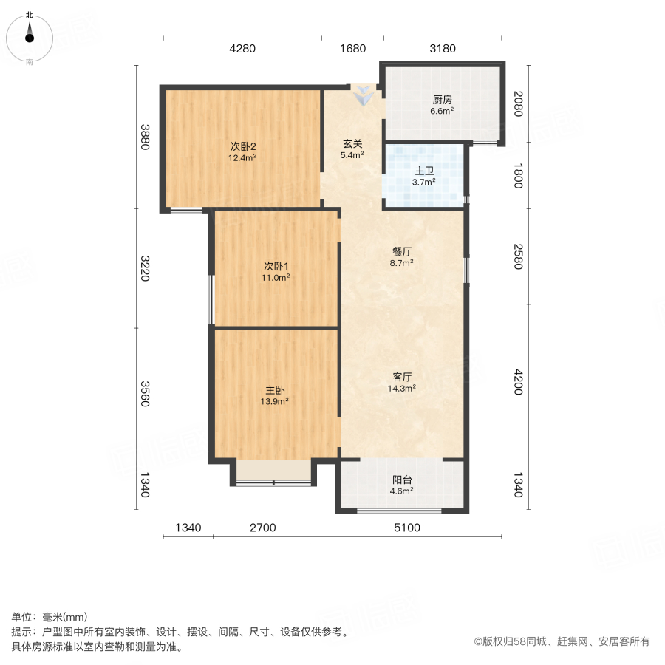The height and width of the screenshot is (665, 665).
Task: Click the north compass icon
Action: [30, 35]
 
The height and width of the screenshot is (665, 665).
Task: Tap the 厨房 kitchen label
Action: [442, 100]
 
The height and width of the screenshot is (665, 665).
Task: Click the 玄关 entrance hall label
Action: [352, 144]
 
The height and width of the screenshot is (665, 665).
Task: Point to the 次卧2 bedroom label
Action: [242, 146]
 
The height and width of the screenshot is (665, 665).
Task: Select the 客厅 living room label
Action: [402, 376]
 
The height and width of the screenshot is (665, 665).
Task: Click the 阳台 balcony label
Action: [402, 479]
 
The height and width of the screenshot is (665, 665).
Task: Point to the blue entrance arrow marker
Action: [364, 95]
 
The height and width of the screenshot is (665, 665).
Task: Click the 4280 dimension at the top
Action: [242, 49]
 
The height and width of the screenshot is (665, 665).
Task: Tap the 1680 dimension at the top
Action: [352, 49]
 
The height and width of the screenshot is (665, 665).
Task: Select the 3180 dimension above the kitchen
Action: [443, 49]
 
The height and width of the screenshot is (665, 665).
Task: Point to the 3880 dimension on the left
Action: [146, 137]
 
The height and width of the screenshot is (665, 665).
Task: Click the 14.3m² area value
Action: [403, 388]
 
